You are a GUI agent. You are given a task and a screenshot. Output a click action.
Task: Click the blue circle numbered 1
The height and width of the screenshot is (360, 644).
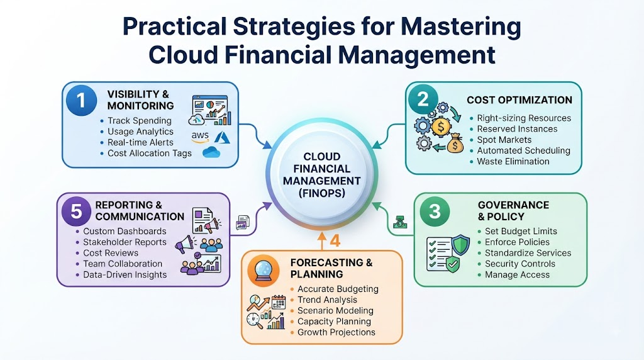pyautogui.click(x=81, y=100)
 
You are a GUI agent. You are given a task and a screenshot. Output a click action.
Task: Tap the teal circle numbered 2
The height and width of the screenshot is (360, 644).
pyautogui.click(x=423, y=99)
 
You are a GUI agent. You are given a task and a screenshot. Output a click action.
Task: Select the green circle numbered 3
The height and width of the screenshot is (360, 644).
pyautogui.click(x=435, y=211)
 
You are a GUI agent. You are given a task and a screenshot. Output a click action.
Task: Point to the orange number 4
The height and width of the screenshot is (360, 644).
pyautogui.click(x=335, y=241)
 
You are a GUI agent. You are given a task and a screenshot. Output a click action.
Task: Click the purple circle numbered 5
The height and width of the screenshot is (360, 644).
pyautogui.click(x=76, y=211)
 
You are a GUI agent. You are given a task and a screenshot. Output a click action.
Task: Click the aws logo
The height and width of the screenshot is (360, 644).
pyautogui.click(x=200, y=137)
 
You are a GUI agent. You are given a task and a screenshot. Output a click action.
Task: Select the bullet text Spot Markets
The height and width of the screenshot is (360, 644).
pyautogui.click(x=504, y=140)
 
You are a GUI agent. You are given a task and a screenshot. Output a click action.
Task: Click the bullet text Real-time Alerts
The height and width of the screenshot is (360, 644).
pyautogui.click(x=140, y=142)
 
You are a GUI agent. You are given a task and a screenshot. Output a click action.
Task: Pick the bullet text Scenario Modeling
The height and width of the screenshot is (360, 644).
pyautogui.click(x=335, y=311)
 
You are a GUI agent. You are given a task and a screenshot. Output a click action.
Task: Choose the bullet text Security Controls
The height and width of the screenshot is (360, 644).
pyautogui.click(x=520, y=264)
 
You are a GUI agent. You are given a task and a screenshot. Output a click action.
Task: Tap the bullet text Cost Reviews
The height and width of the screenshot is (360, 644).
pyautogui.click(x=111, y=253)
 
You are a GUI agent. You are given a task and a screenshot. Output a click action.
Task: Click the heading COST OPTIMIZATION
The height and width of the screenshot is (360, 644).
pyautogui.click(x=519, y=100)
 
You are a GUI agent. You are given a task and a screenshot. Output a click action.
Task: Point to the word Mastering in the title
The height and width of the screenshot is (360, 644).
pyautogui.click(x=461, y=27)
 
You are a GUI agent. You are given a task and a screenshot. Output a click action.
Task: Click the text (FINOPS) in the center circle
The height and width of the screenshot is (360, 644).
pyautogui.click(x=321, y=193)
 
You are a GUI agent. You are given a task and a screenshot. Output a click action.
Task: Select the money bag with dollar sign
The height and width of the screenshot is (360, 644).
pyautogui.click(x=455, y=143)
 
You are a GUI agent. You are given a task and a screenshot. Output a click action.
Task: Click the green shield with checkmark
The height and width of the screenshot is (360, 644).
pyautogui.click(x=453, y=264)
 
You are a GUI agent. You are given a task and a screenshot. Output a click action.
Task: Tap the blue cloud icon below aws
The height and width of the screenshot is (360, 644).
pyautogui.click(x=211, y=152)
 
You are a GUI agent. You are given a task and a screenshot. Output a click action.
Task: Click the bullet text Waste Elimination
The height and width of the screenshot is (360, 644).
pyautogui.click(x=513, y=162)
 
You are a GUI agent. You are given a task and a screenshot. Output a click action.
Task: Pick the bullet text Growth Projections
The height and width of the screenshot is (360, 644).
pyautogui.click(x=336, y=332)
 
